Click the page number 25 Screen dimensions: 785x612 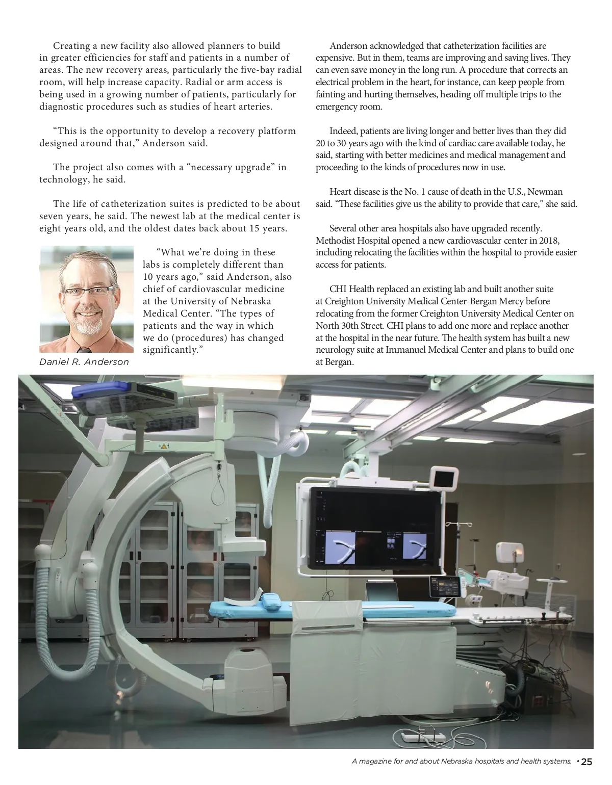586,762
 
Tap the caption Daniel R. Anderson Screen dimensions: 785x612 84,362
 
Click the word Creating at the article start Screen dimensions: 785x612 71,46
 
